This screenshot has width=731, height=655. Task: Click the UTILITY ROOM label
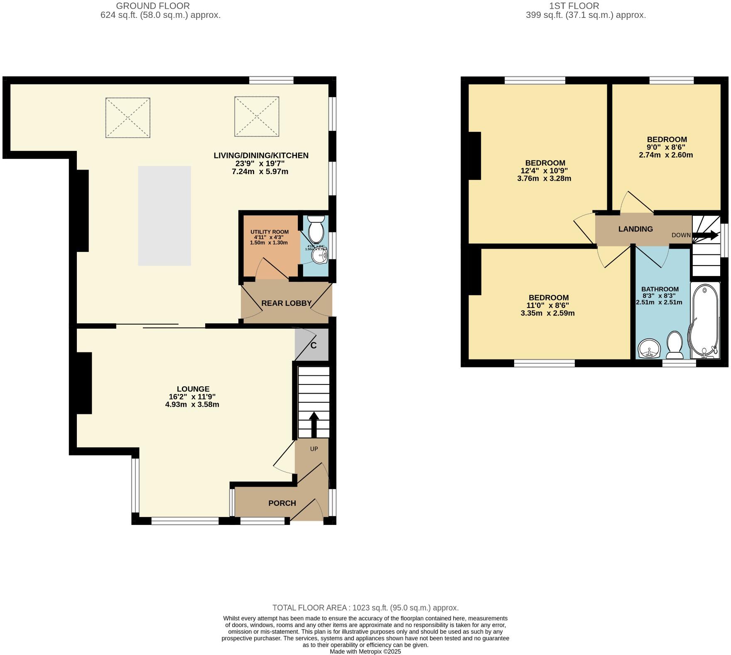click(269, 232)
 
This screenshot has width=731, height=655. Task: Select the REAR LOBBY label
click(286, 303)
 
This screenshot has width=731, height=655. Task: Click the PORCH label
click(282, 503)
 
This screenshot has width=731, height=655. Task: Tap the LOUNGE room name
click(192, 389)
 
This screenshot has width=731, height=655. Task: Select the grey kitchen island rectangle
click(164, 216)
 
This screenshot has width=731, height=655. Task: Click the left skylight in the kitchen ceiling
click(128, 118)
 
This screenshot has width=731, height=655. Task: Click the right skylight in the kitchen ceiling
click(256, 116)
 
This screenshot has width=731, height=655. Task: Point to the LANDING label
click(635, 229)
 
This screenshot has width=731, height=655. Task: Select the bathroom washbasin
click(649, 348)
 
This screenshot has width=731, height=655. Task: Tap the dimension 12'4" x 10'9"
click(544, 171)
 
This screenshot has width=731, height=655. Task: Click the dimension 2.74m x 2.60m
click(666, 155)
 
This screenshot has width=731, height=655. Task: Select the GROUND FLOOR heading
click(153, 6)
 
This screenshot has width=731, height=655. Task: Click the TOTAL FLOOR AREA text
click(365, 608)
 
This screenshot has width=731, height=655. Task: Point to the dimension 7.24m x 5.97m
click(260, 171)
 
